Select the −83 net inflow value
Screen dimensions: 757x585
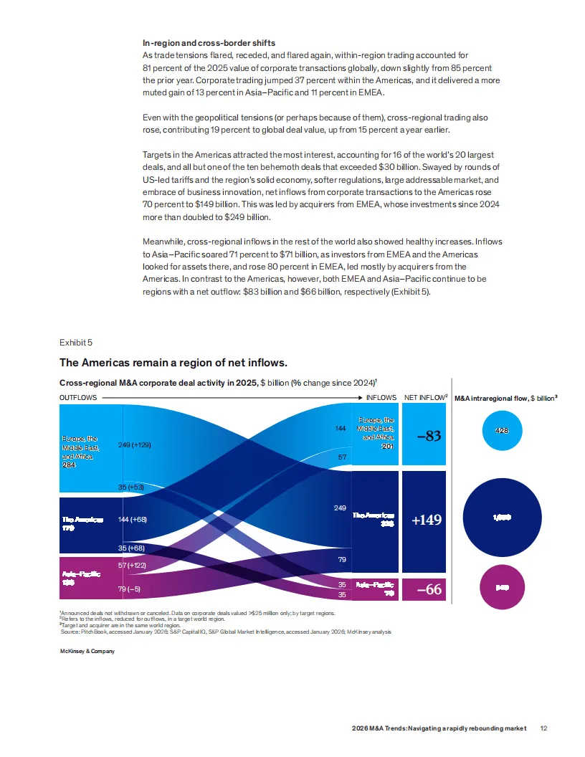pyautogui.click(x=428, y=435)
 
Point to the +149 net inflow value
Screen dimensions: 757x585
pyautogui.click(x=427, y=520)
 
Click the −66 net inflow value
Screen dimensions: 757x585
pyautogui.click(x=428, y=590)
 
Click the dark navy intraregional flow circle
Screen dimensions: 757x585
pyautogui.click(x=502, y=516)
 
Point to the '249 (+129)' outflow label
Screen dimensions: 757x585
pyautogui.click(x=134, y=445)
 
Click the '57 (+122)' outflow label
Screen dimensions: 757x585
pyautogui.click(x=133, y=566)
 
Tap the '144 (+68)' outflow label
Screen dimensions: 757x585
pyautogui.click(x=132, y=519)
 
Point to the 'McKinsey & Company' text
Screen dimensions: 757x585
pyautogui.click(x=87, y=651)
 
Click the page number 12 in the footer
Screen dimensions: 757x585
pyautogui.click(x=544, y=728)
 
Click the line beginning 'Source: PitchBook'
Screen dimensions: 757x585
pyautogui.click(x=227, y=632)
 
